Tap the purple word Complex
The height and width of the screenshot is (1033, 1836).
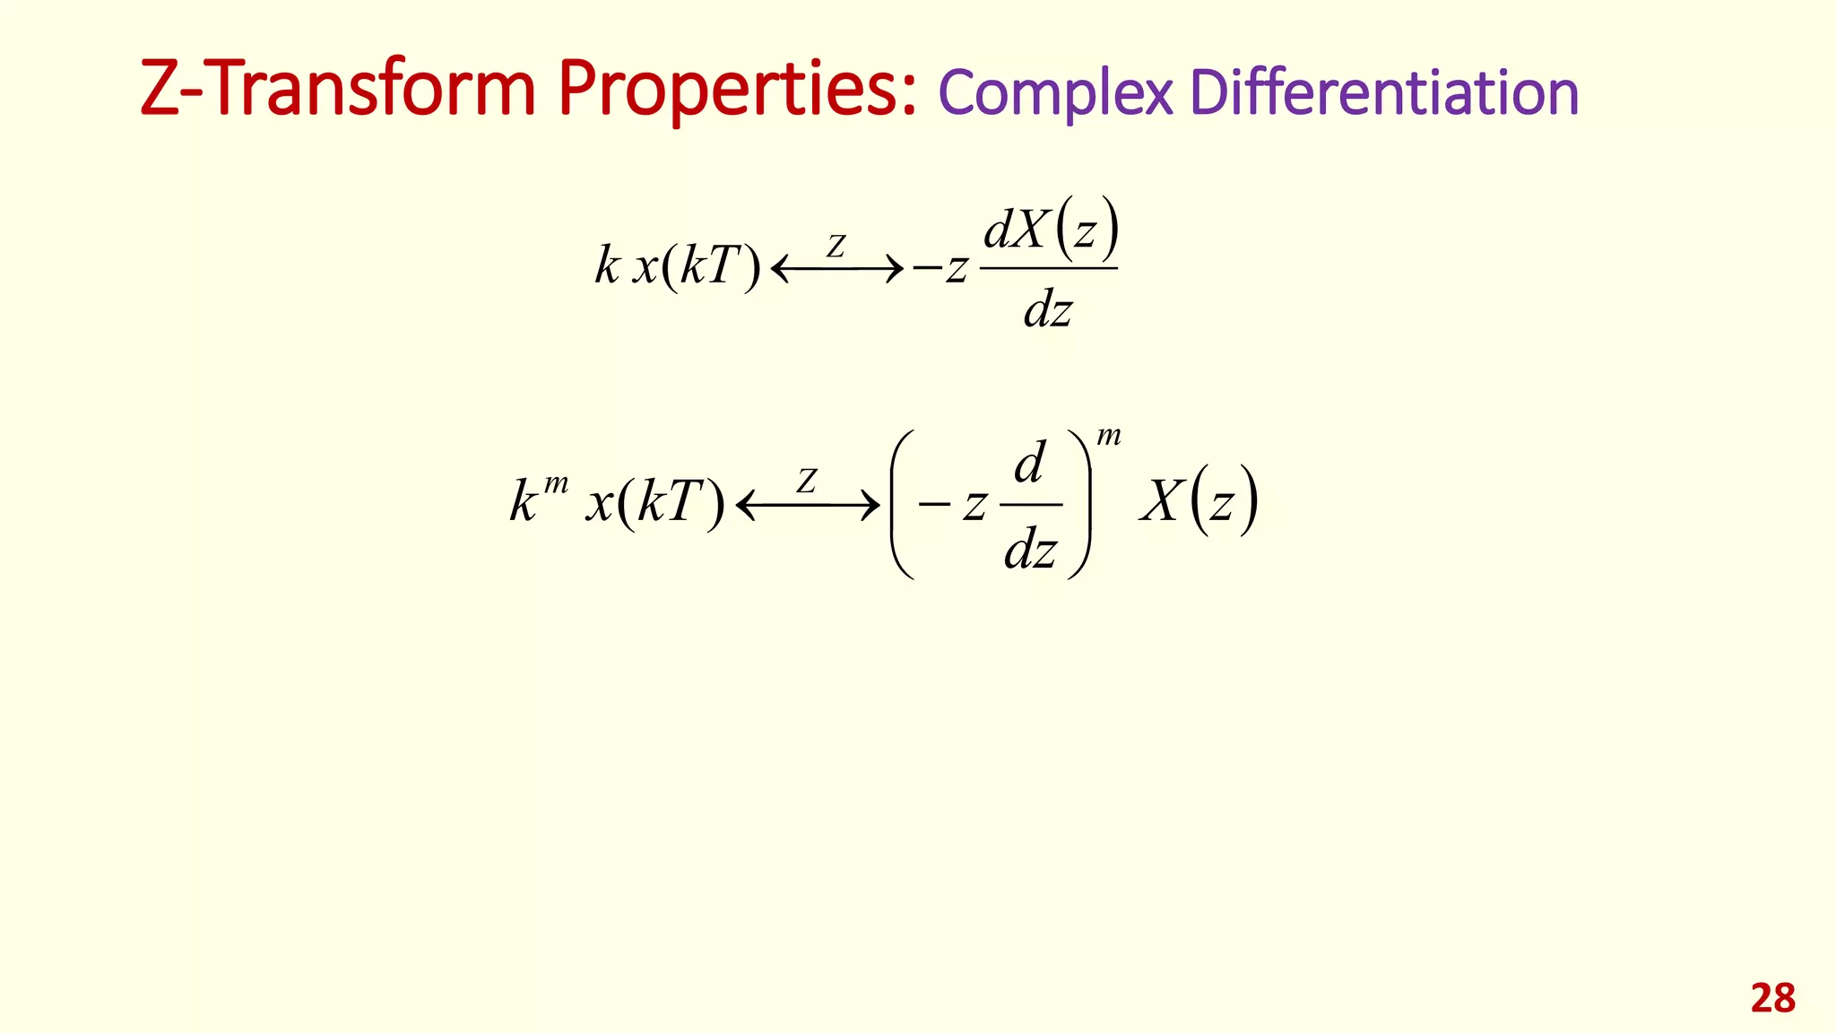pos(1055,93)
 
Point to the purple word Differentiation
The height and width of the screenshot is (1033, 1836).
pos(1384,92)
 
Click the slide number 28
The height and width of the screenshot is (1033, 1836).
pos(1772,998)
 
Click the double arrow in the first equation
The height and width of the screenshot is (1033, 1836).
pos(836,268)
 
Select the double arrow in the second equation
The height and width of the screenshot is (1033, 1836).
pos(807,506)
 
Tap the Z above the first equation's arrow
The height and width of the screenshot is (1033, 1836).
pos(836,246)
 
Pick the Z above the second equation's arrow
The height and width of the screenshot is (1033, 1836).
pos(807,482)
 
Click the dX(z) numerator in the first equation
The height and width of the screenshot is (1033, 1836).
pos(1051,229)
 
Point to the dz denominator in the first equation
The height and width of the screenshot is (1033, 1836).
pos(1047,310)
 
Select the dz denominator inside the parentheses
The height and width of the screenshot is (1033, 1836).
pos(1030,549)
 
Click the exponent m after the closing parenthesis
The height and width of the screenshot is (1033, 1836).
pos(1109,437)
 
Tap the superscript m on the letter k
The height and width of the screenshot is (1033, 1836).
pos(556,484)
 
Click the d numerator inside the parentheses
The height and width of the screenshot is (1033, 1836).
pos(1029,463)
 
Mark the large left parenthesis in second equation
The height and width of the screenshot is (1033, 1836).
pos(902,504)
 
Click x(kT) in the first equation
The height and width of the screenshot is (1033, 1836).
pos(697,266)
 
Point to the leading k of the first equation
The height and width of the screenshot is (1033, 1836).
pos(607,265)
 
